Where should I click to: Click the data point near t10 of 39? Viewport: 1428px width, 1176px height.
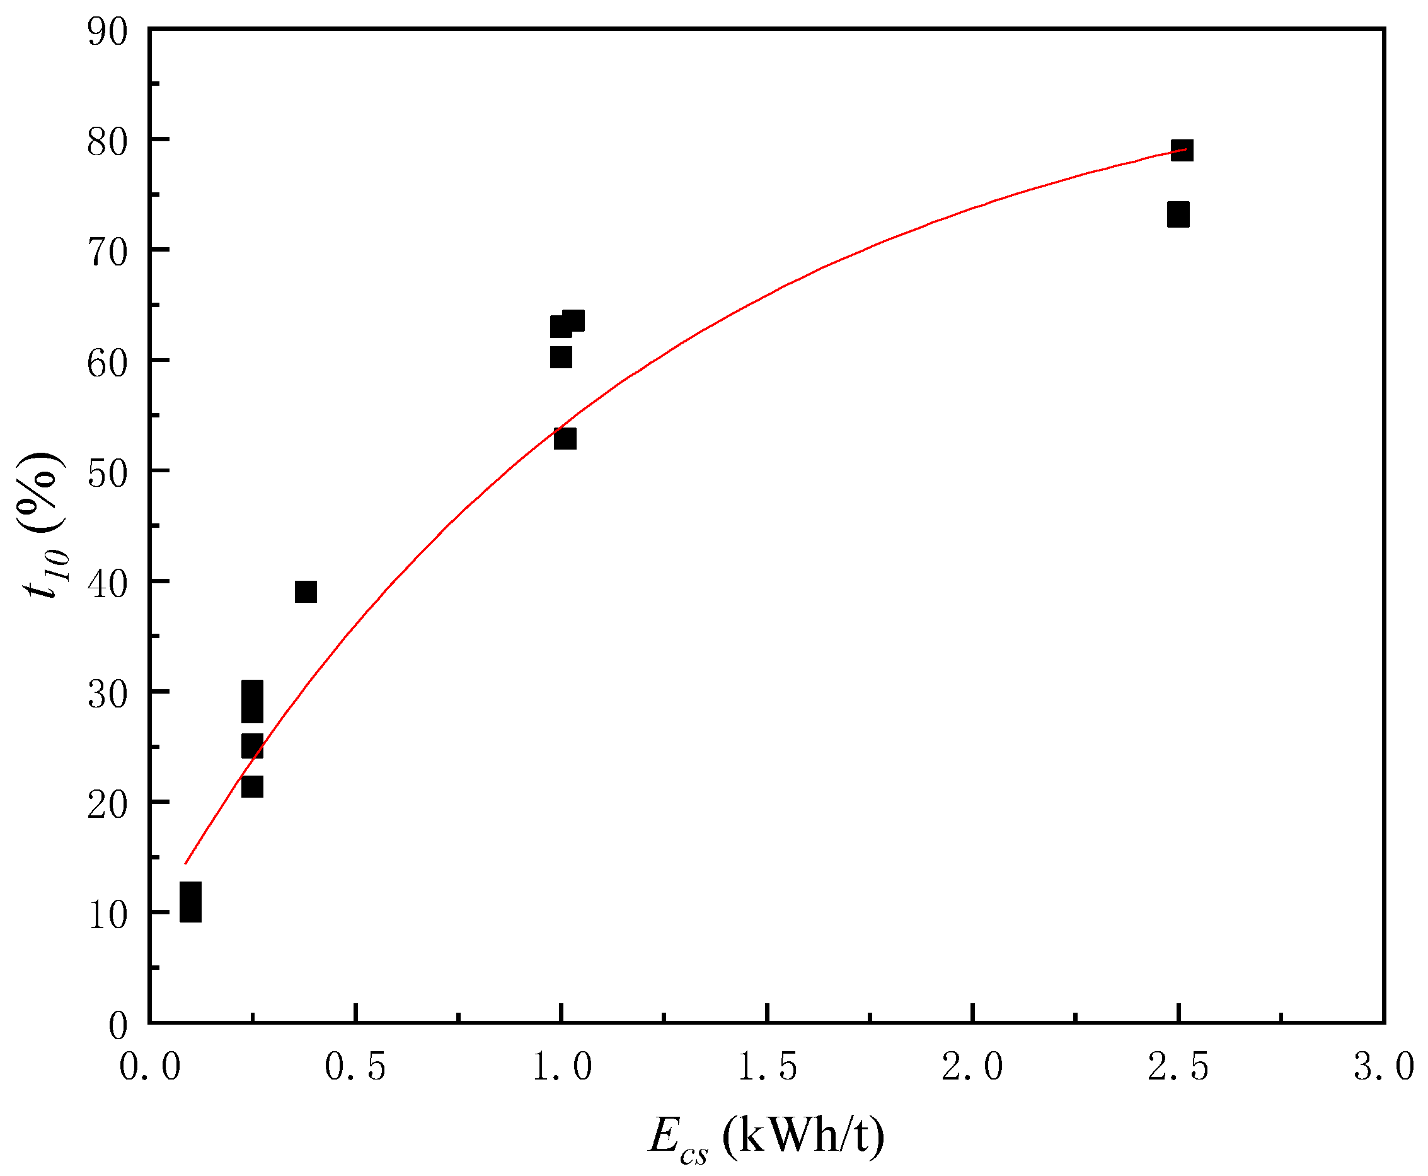tap(306, 591)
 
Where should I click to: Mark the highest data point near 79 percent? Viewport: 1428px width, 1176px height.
tap(1182, 149)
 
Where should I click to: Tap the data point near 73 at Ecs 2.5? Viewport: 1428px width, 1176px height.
tap(1178, 215)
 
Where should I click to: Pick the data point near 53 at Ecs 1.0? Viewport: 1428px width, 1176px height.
tap(565, 438)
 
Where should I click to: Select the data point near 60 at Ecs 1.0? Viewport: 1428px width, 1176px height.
tap(561, 356)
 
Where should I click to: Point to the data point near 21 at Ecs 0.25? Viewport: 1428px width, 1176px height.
tap(252, 786)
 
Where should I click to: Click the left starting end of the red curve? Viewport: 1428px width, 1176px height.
tap(185, 863)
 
